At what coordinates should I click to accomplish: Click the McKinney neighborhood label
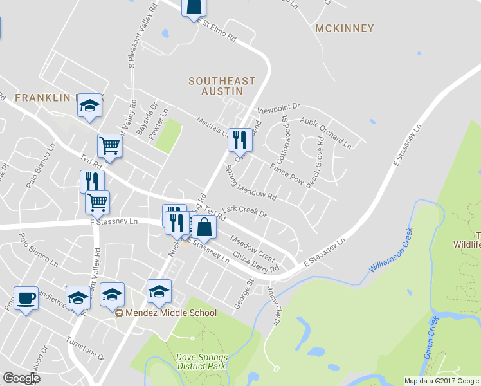coord(344,28)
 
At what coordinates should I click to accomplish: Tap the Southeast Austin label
coord(222,86)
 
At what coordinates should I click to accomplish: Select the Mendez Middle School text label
coord(171,313)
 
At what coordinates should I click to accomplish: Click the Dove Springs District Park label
coord(201,361)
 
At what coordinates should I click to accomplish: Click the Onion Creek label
coord(431,337)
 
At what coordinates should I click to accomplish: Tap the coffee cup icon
coord(26,299)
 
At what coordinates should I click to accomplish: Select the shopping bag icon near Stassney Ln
coord(204,228)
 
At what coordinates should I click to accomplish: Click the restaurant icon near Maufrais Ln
coord(239,138)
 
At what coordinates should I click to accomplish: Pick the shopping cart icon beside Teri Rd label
coord(110,146)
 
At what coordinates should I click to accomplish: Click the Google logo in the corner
coord(21,378)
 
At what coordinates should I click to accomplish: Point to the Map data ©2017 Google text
coord(441,381)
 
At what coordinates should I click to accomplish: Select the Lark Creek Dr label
coord(244,211)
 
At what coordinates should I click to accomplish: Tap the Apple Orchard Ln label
coord(325,131)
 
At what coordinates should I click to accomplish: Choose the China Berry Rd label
coord(256,261)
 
